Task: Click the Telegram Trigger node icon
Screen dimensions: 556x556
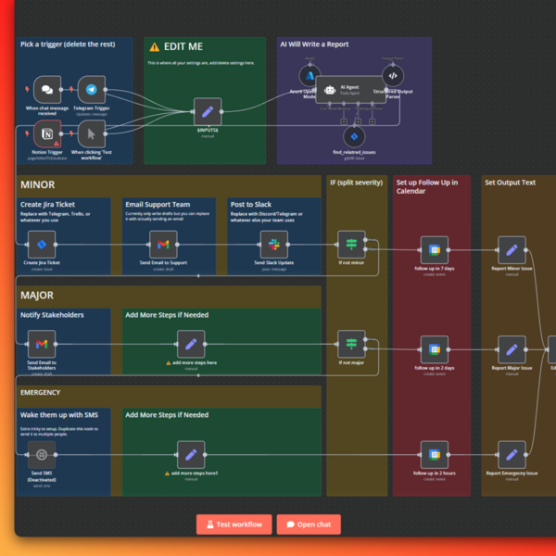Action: tap(91, 89)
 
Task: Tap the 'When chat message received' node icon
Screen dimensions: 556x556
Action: tap(52, 89)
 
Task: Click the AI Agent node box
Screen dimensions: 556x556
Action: tap(348, 89)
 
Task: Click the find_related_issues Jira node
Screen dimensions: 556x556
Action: tap(354, 137)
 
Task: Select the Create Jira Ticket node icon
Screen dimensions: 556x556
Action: tap(41, 245)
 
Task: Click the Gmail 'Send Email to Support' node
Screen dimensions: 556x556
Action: tap(163, 245)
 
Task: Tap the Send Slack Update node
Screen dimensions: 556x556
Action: tap(272, 245)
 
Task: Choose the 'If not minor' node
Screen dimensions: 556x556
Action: tap(351, 245)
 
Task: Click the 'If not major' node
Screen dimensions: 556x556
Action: tap(351, 345)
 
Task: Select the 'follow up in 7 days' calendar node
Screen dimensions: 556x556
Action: tap(434, 249)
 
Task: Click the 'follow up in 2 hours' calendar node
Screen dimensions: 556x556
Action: tap(434, 454)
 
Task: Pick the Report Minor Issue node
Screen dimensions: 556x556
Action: tap(512, 249)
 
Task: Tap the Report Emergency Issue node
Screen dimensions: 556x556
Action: tap(512, 454)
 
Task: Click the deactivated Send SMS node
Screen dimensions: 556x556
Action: tap(41, 454)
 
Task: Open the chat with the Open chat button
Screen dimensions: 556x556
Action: tap(309, 524)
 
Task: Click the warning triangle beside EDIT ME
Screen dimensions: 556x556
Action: tap(155, 46)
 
